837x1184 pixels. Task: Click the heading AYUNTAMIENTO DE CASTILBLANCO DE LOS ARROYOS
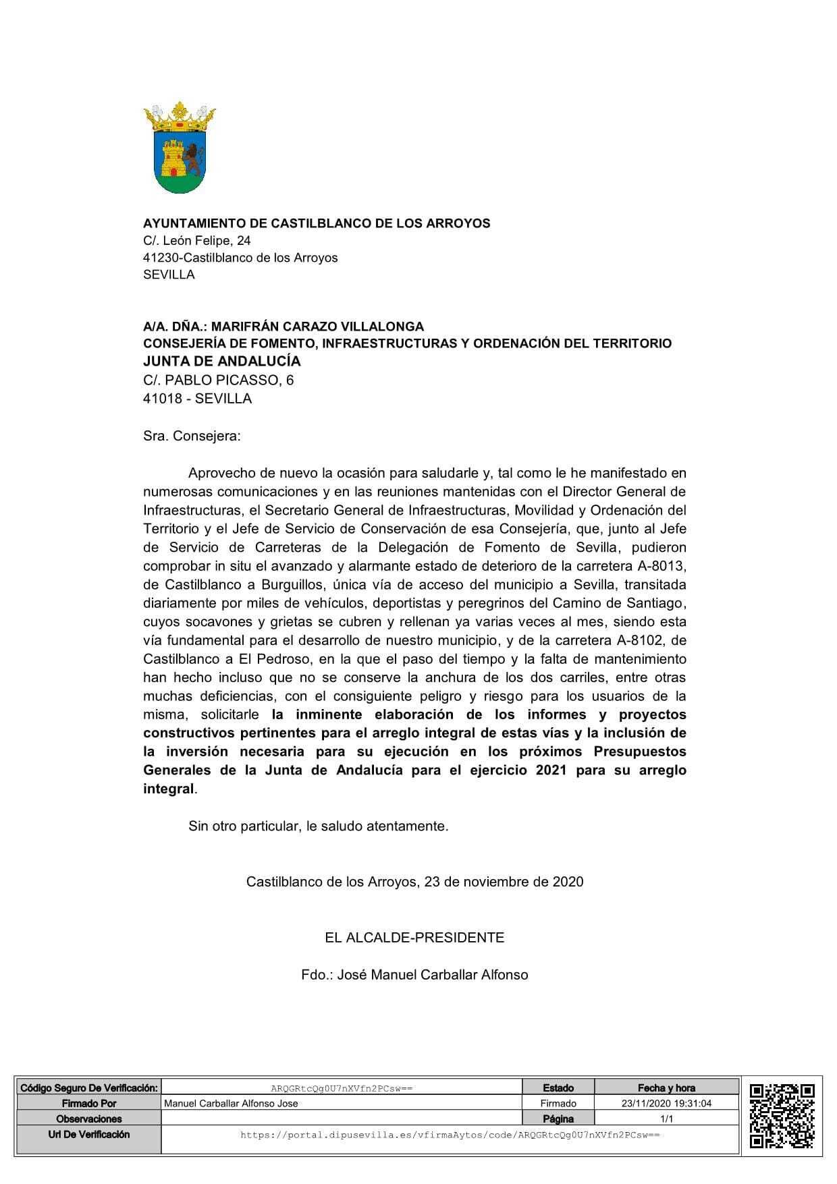click(317, 223)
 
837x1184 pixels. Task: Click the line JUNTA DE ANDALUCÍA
click(221, 361)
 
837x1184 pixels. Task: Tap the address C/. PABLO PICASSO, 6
click(218, 380)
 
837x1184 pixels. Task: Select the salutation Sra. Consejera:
click(192, 436)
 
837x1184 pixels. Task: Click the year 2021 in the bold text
click(551, 770)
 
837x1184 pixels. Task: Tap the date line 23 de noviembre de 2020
click(504, 882)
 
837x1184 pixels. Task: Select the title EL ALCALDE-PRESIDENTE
click(414, 937)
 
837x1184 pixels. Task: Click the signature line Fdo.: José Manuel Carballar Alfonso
click(414, 975)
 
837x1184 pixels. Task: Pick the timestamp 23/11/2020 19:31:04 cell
click(666, 1103)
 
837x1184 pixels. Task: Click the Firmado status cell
click(558, 1103)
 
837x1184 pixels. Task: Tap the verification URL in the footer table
click(450, 1135)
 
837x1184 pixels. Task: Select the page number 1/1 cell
click(666, 1119)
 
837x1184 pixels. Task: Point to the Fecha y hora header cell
click(666, 1088)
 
